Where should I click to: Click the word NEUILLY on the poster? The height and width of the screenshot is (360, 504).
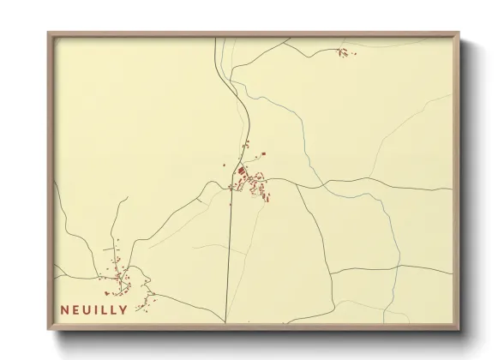point(94,309)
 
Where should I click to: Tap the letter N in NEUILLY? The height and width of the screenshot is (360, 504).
point(65,309)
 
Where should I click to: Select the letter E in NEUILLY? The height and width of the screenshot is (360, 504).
point(75,309)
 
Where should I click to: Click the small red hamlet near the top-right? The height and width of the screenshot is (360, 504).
point(345,53)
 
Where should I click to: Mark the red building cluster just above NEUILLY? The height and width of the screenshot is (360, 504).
point(118,274)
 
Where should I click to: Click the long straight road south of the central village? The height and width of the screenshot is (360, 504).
point(229,257)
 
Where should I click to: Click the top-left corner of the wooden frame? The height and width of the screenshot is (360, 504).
point(49,34)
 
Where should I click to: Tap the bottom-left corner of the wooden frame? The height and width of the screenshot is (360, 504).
point(49,327)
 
